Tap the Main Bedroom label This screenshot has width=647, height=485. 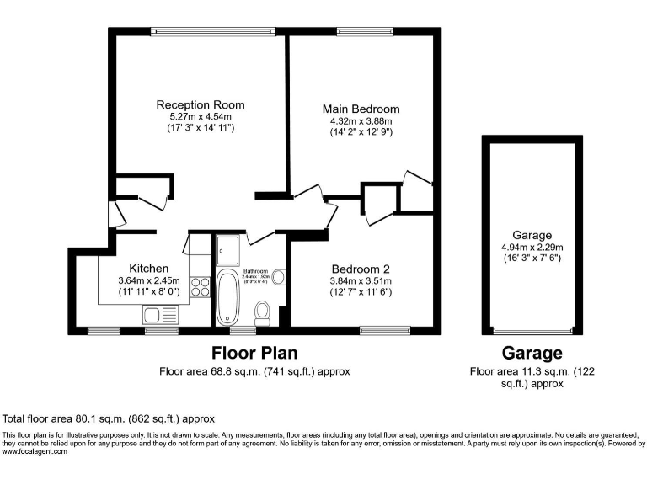[361, 109]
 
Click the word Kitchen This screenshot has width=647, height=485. [136, 269]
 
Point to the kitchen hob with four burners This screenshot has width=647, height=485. [201, 288]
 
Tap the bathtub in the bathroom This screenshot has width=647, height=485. [229, 298]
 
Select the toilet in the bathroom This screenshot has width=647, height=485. [262, 312]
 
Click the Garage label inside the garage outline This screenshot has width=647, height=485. [532, 235]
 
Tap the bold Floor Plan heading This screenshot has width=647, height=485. [254, 353]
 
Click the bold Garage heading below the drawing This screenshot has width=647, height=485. [532, 353]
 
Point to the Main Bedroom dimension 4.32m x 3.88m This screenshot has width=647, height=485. [361, 120]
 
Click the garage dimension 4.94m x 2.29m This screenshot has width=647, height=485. [532, 247]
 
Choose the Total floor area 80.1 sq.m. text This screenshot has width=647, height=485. [110, 418]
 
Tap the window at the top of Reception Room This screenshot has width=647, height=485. [214, 33]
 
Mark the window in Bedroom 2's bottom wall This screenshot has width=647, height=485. [385, 329]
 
